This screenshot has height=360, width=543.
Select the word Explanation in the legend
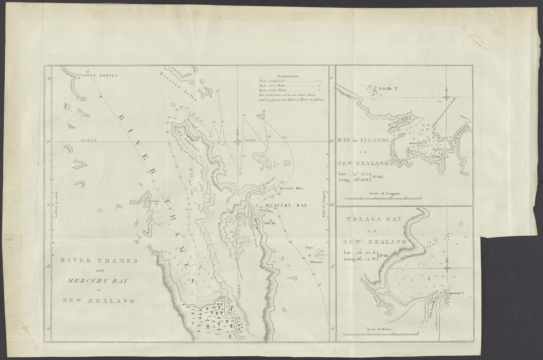click(288, 76)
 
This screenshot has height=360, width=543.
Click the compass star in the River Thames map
click(238, 141)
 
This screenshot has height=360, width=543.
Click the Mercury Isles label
click(291, 188)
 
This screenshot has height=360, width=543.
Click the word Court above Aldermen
click(309, 247)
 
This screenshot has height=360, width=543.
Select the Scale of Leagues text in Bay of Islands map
click(384, 194)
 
